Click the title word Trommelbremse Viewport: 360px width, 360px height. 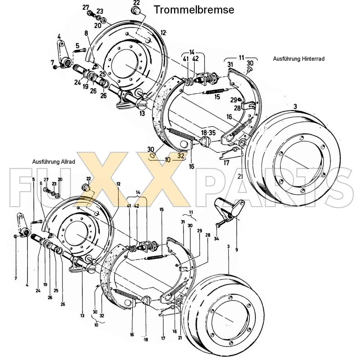point(194,10)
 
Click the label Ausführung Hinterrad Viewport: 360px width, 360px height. point(298,59)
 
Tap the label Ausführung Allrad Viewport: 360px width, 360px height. point(53,162)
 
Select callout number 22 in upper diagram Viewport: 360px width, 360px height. point(136,2)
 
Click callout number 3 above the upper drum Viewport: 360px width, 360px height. point(295,107)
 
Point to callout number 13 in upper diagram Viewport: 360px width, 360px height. point(142,114)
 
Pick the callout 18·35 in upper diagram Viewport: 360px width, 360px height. point(208,133)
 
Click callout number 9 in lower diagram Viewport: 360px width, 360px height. point(237,249)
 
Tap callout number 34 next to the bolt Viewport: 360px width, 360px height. point(216,239)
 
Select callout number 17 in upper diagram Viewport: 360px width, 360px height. point(226,163)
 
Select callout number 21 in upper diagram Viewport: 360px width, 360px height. point(240,176)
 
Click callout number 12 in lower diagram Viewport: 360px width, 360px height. point(118,184)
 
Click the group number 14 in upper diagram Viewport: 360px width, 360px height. point(192,52)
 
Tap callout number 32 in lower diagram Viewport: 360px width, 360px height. point(102,316)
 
